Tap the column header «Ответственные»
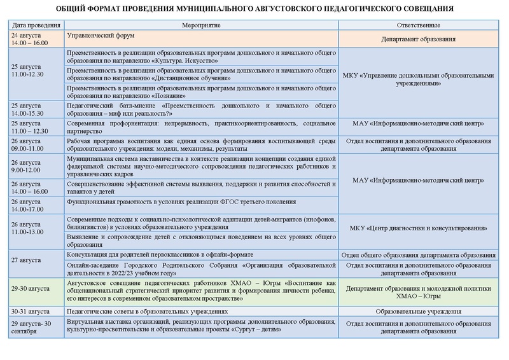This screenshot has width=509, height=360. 418,25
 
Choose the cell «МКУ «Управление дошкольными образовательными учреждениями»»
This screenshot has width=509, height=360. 418,78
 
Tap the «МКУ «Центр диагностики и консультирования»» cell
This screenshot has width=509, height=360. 418,227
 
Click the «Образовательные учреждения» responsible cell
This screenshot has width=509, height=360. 418,312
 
